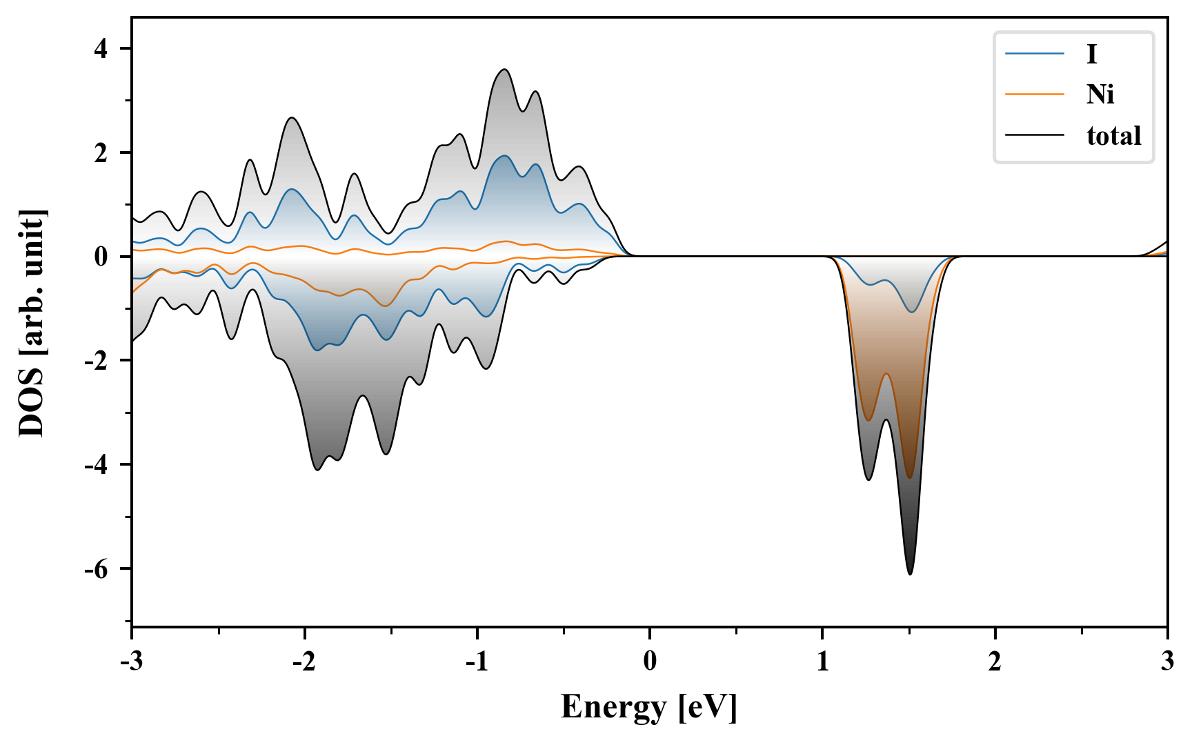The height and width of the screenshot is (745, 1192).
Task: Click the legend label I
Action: tap(1091, 54)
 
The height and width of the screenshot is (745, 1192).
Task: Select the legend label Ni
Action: tap(1100, 94)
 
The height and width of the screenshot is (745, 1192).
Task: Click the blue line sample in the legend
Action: tap(1034, 54)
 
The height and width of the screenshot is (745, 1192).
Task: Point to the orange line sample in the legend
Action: tap(1034, 94)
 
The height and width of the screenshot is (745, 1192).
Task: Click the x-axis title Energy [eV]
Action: tap(649, 707)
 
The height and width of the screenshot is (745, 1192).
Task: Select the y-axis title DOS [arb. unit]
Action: tap(32, 323)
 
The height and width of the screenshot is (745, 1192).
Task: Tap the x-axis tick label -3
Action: tap(131, 662)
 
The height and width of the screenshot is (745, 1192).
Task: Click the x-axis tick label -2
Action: tap(304, 662)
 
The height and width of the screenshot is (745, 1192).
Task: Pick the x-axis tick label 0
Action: tap(650, 662)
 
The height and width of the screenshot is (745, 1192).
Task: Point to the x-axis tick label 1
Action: tap(822, 662)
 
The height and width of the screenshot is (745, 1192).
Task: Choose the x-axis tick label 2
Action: tap(995, 662)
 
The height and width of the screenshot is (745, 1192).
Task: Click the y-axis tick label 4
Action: tap(102, 49)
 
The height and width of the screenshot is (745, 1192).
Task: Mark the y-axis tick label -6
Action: tap(97, 569)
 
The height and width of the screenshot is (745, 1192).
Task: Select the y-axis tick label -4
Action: tap(97, 465)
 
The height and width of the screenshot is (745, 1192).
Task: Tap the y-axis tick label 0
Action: tap(102, 257)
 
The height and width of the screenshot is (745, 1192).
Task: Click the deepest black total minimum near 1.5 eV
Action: tap(910, 574)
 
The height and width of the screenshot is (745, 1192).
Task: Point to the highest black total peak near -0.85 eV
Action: tap(504, 70)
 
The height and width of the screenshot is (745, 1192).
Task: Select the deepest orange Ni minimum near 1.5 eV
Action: tap(910, 477)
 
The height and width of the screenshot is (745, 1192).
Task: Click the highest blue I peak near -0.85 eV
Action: tap(504, 156)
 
